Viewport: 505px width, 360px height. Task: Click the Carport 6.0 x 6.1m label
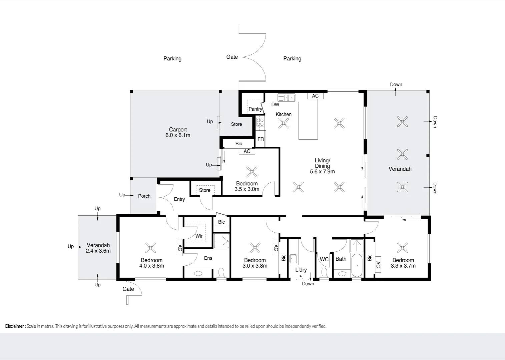178,132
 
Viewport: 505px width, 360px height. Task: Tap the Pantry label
255,109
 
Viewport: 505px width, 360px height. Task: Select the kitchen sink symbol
286,98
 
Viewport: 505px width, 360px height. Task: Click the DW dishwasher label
275,105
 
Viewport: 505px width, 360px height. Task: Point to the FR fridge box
261,139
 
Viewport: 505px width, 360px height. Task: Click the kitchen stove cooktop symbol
260,122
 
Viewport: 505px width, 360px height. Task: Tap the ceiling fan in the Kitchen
284,123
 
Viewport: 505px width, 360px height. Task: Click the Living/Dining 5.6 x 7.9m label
322,166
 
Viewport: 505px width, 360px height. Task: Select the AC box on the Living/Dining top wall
315,96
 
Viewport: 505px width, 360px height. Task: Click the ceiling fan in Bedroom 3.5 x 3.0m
252,172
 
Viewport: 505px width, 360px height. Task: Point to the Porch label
144,196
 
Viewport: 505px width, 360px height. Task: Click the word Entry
179,199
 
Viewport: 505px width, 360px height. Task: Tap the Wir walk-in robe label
199,236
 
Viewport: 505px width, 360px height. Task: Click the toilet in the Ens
221,273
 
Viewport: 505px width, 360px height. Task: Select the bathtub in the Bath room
357,265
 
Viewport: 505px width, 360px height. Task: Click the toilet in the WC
324,273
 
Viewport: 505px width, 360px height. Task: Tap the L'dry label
301,270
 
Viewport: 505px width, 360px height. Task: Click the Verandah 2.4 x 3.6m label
98,248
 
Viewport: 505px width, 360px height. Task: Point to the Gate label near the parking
232,57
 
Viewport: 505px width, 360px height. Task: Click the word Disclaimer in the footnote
14,326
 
